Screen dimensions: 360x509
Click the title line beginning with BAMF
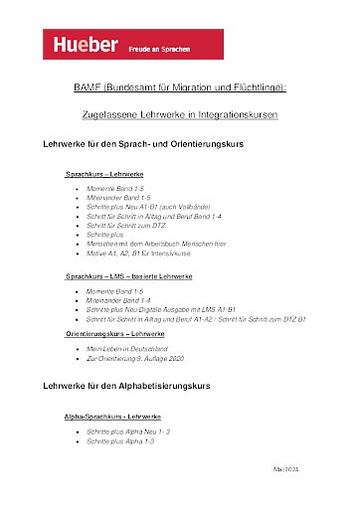pyautogui.click(x=180, y=88)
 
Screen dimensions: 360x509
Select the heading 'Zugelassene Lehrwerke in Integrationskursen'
pyautogui.click(x=180, y=115)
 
